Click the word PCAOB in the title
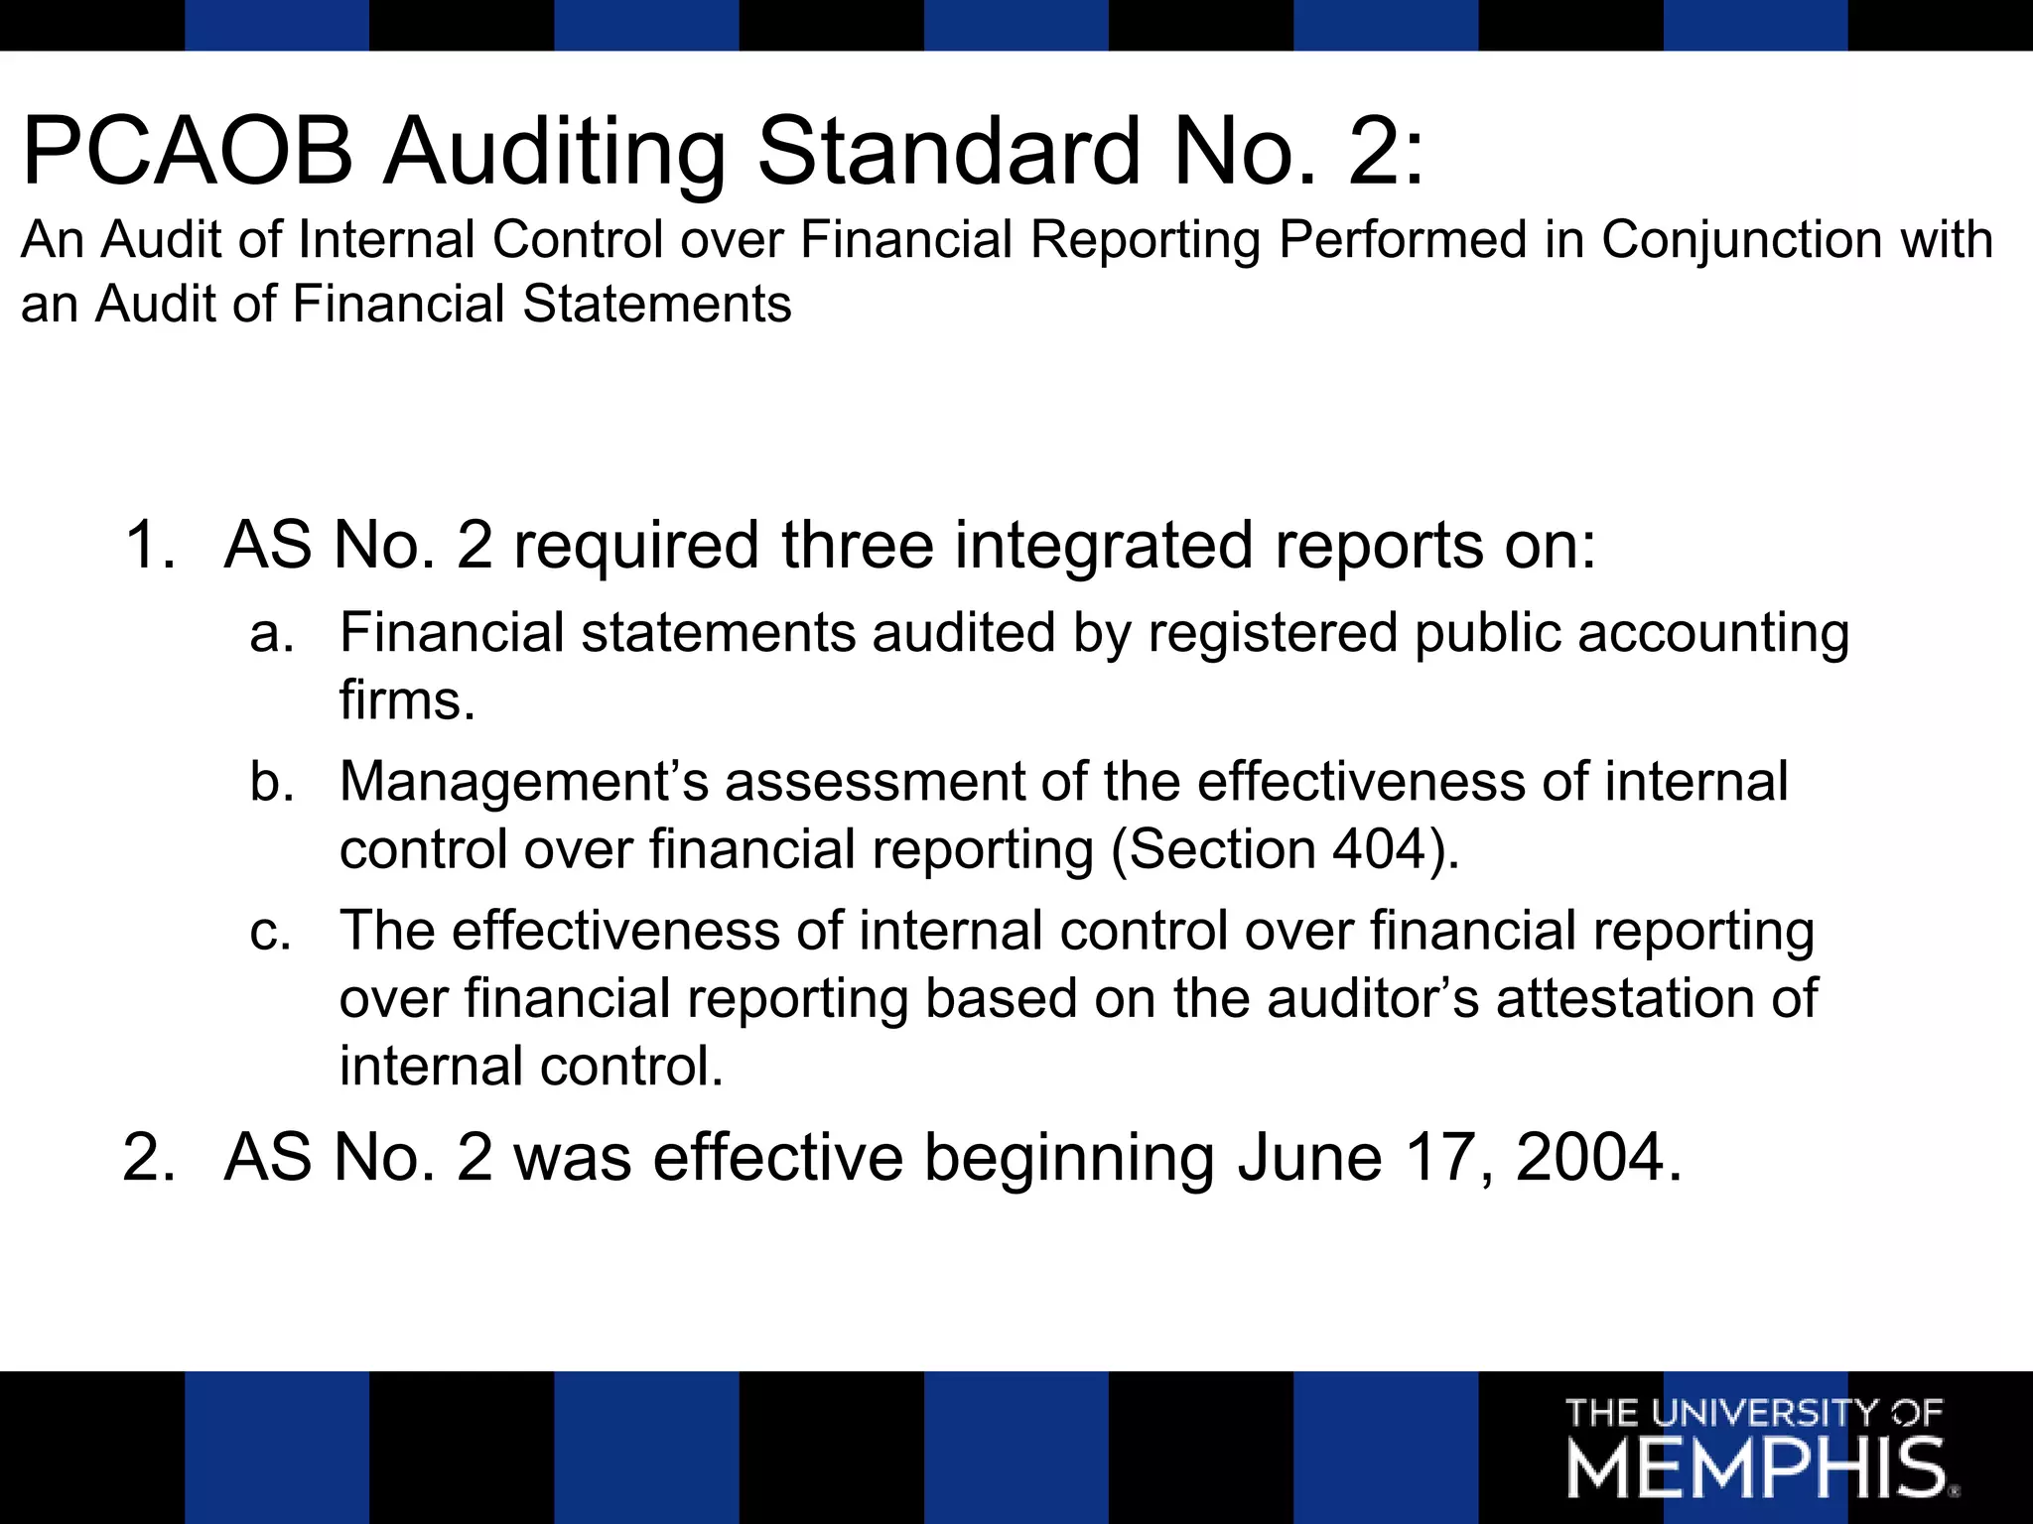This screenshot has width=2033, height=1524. [x=188, y=152]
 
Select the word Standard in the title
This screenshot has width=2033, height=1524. [x=948, y=152]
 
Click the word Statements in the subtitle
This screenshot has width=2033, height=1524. [x=656, y=304]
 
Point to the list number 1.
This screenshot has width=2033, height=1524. [x=150, y=546]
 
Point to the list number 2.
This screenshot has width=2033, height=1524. [x=150, y=1158]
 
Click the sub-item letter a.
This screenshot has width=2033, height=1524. [x=271, y=634]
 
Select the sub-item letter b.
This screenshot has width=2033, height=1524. [x=271, y=782]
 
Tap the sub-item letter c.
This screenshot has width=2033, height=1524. [x=271, y=932]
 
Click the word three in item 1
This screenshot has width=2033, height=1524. [x=857, y=546]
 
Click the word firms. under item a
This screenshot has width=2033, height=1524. [x=407, y=700]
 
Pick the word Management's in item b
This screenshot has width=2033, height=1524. [x=523, y=782]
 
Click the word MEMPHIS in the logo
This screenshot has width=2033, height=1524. [x=1756, y=1470]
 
